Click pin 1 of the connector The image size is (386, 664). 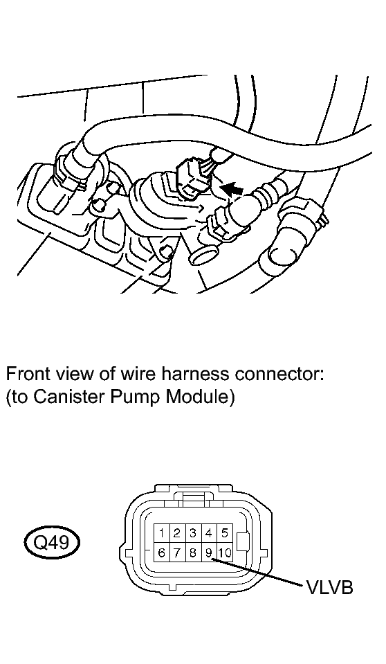pyautogui.click(x=161, y=533)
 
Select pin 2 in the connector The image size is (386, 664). pyautogui.click(x=177, y=533)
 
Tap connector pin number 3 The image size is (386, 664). pyautogui.click(x=193, y=533)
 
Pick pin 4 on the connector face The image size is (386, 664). pyautogui.click(x=209, y=533)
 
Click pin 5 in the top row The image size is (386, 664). pyautogui.click(x=225, y=533)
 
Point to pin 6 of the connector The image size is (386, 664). pyautogui.click(x=161, y=553)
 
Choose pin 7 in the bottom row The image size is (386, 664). pyautogui.click(x=177, y=553)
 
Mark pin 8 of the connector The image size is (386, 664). pyautogui.click(x=193, y=553)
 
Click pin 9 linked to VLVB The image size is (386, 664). pyautogui.click(x=209, y=553)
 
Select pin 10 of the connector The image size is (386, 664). pyautogui.click(x=225, y=553)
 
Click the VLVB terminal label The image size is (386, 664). pyautogui.click(x=329, y=587)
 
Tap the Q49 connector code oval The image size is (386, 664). pyautogui.click(x=51, y=542)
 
